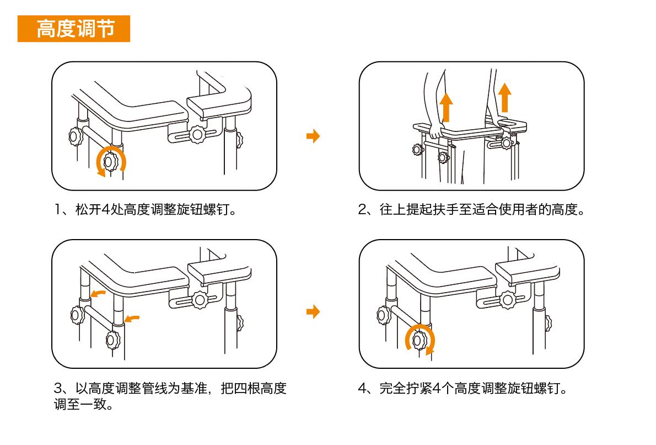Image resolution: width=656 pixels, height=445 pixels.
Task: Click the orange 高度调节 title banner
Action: point(74,29)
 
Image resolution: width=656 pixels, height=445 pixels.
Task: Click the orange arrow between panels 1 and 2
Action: point(313,136)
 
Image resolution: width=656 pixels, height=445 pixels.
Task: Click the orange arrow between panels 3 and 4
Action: point(313,312)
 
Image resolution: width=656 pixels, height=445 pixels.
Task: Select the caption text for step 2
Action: point(471,210)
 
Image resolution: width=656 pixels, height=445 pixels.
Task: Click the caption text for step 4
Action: point(463,388)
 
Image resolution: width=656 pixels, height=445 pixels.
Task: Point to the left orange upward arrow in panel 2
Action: point(446,107)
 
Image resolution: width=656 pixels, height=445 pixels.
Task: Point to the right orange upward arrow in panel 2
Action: point(504,97)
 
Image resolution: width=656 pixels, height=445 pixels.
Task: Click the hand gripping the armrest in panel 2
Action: point(436,133)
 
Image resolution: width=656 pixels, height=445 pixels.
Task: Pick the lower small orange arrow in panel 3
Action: point(132,318)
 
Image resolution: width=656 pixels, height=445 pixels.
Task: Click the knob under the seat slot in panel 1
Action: point(197,134)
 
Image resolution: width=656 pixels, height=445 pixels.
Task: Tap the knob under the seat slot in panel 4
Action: point(506,300)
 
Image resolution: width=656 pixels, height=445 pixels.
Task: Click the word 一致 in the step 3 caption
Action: point(92,405)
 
